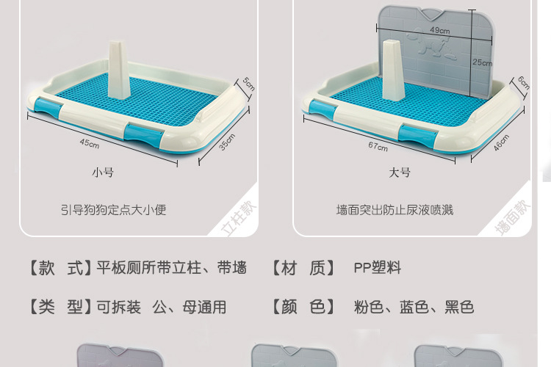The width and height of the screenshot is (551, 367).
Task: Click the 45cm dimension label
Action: pyautogui.click(x=89, y=143)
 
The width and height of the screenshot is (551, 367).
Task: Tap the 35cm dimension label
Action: pyautogui.click(x=227, y=142)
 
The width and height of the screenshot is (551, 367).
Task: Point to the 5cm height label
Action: pyautogui.click(x=249, y=84)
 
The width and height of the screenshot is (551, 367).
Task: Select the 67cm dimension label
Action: pyautogui.click(x=378, y=147)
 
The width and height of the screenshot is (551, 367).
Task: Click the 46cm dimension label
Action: pyautogui.click(x=501, y=142)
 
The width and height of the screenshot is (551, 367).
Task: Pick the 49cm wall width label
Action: pyautogui.click(x=440, y=30)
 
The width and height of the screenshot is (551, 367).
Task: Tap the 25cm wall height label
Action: pyautogui.click(x=483, y=62)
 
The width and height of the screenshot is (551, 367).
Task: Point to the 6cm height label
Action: pyautogui.click(x=524, y=83)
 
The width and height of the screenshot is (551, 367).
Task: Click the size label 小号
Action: pyautogui.click(x=103, y=172)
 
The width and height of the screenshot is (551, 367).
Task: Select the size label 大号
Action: pyautogui.click(x=400, y=172)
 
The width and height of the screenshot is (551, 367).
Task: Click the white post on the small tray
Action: pyautogui.click(x=119, y=70)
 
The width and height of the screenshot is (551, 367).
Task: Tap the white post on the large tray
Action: pyautogui.click(x=392, y=70)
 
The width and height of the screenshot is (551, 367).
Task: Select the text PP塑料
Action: pyautogui.click(x=378, y=268)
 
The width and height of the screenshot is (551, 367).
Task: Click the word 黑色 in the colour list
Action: pyautogui.click(x=459, y=307)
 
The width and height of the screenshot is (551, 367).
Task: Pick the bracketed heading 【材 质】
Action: pyautogui.click(x=303, y=268)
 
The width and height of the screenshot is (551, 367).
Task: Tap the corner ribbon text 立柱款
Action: pyautogui.click(x=239, y=218)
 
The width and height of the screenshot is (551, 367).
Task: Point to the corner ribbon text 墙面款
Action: pyautogui.click(x=512, y=217)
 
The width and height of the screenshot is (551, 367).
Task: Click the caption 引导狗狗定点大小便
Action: pyautogui.click(x=113, y=210)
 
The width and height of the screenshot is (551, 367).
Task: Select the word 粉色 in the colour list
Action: pyautogui.click(x=369, y=307)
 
